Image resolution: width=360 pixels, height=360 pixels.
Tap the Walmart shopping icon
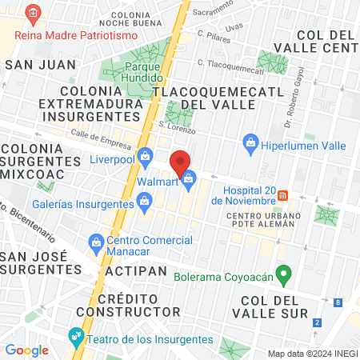tap(189, 181)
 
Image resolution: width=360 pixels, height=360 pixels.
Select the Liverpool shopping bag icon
tap(145, 156)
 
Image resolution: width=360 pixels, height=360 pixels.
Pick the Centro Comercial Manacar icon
tap(95, 241)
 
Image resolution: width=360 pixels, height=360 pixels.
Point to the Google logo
tap(26, 350)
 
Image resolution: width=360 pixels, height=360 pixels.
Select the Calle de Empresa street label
tap(100, 139)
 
